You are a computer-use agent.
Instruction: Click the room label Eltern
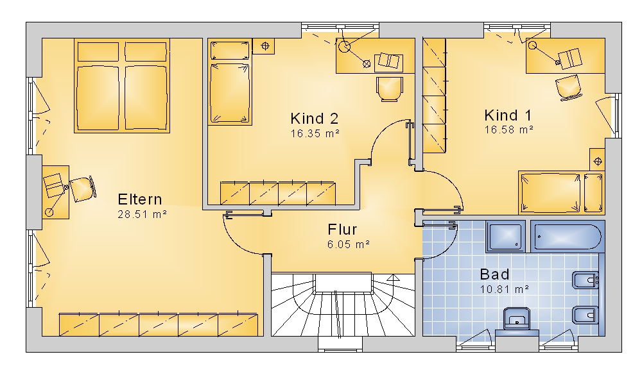[x=139, y=199]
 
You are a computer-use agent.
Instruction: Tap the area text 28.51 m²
[x=142, y=214]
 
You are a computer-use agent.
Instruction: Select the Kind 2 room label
[x=315, y=119]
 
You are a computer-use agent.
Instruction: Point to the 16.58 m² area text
[x=509, y=130]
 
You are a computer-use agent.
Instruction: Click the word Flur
[x=342, y=230]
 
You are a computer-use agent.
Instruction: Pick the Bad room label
[x=494, y=274]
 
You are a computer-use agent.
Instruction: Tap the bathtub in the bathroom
[x=568, y=237]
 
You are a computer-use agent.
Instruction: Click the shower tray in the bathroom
[x=506, y=237]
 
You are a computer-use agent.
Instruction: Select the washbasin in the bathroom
[x=517, y=318]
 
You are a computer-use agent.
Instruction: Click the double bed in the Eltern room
[x=122, y=85]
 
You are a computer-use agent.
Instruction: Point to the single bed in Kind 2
[x=229, y=82]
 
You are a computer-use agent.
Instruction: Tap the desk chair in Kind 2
[x=389, y=88]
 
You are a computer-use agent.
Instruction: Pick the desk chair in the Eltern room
[x=83, y=188]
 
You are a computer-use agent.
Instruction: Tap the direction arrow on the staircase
[x=394, y=278]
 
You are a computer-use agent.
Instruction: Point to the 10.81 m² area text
[x=505, y=290]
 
